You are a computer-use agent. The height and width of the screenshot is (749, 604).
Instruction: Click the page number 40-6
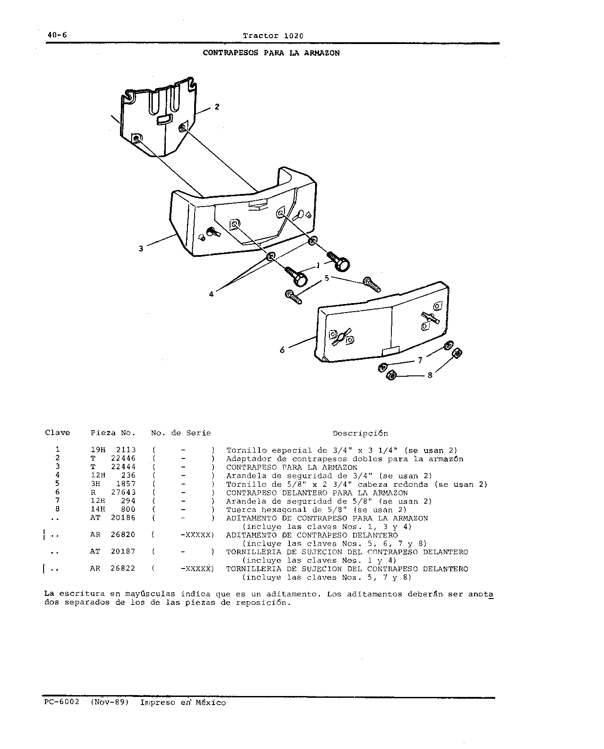click(56, 35)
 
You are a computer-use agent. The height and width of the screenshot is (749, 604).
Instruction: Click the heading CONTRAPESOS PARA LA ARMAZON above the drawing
click(271, 53)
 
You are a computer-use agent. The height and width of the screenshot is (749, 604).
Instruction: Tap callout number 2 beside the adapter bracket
click(217, 107)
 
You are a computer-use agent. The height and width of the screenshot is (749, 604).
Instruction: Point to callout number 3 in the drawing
click(141, 248)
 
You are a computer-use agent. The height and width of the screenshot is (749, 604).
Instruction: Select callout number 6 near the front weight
click(282, 349)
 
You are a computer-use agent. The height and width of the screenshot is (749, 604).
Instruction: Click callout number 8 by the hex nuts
click(430, 375)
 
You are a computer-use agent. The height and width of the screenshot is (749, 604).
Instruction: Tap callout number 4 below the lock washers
click(211, 295)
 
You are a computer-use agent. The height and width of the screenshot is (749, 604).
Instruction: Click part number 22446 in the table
click(123, 458)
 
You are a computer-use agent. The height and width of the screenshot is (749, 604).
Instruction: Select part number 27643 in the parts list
click(123, 493)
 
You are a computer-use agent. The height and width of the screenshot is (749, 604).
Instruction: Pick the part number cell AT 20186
click(113, 518)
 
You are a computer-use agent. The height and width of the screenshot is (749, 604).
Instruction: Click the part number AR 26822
click(113, 568)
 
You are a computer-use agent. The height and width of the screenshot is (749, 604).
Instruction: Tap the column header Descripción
click(360, 434)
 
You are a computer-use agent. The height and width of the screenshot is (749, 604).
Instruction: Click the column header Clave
click(58, 433)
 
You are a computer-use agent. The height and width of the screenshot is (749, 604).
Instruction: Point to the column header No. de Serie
click(181, 433)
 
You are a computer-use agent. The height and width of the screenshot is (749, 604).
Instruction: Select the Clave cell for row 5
click(58, 484)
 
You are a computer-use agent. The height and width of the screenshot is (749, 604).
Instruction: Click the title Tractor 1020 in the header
click(273, 35)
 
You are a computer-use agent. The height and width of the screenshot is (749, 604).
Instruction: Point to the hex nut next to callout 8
click(391, 375)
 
